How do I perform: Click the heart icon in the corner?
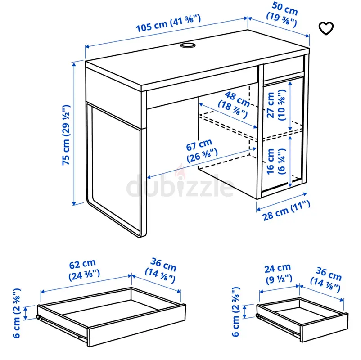pos(326,28)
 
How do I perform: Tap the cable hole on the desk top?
pos(188,45)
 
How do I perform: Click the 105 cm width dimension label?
pos(168,23)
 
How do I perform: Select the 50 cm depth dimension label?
pos(282,14)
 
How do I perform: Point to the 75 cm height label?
pos(66,135)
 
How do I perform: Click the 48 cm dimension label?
pos(234,104)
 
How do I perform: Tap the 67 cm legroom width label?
pos(202,151)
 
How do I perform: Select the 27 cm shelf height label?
pos(276,105)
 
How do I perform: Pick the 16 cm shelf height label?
pos(276,162)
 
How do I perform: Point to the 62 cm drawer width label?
pos(84,270)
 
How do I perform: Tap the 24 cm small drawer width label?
pos(279,274)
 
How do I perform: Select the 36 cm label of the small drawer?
pos(326,279)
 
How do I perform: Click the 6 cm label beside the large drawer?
pos(17,313)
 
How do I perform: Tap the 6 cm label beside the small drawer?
pos(236,312)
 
